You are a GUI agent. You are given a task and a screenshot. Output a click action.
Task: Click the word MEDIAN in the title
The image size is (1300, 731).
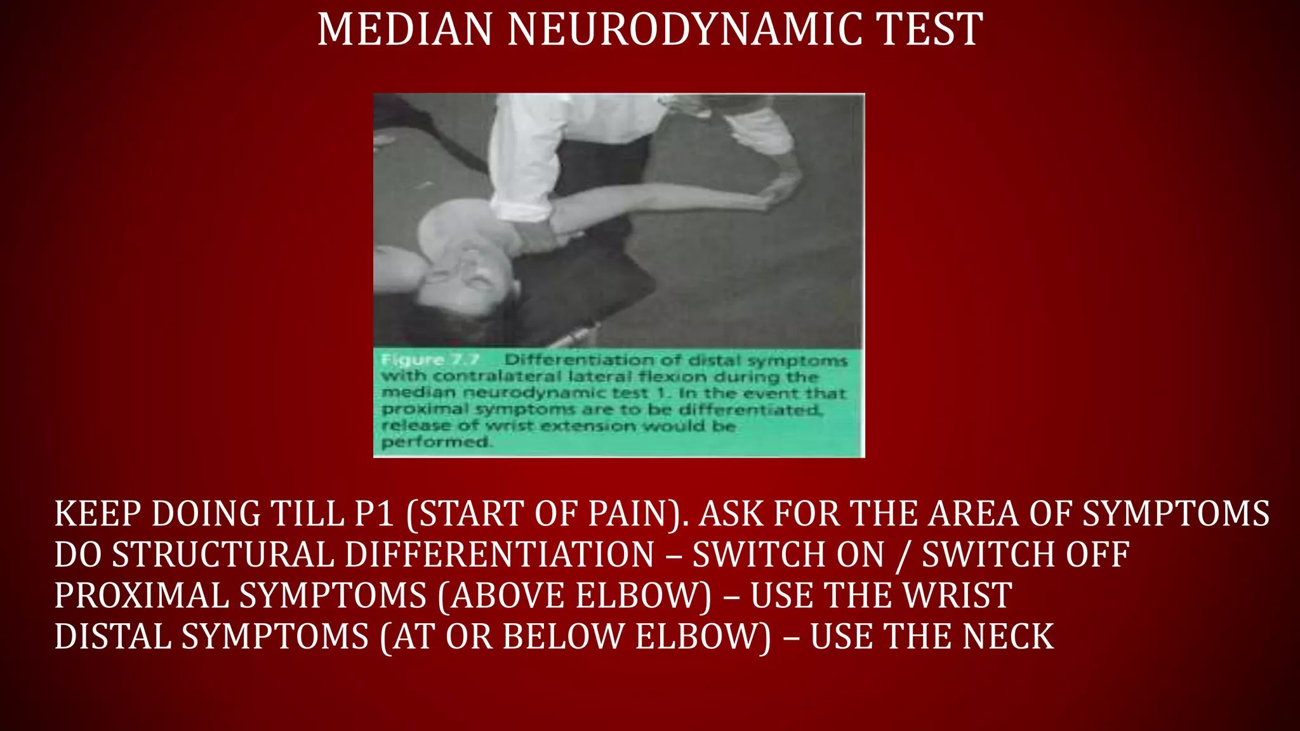[x=405, y=30]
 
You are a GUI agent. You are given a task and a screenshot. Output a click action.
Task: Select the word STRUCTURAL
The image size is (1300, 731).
[x=223, y=555]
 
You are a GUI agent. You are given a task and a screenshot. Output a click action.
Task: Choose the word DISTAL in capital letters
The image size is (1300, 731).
[x=112, y=637]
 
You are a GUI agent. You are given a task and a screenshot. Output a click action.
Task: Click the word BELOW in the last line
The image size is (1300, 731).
[x=562, y=637]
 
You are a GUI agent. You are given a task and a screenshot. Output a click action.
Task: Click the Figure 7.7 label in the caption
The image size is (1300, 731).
[x=430, y=360]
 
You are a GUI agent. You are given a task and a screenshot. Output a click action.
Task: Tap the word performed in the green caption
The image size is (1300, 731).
[x=435, y=442]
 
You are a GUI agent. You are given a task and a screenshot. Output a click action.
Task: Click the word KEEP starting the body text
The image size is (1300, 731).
[x=97, y=514]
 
